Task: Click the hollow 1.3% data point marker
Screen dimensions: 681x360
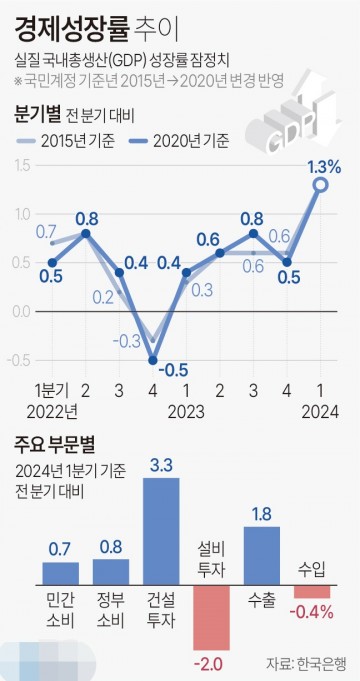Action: pyautogui.click(x=320, y=185)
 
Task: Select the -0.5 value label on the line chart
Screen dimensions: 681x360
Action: pyautogui.click(x=176, y=369)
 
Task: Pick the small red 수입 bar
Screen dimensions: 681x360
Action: pyautogui.click(x=312, y=591)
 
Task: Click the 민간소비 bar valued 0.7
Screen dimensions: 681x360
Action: pyautogui.click(x=60, y=573)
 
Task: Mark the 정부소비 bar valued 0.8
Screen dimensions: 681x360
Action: pyautogui.click(x=111, y=572)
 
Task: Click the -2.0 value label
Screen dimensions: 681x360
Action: pyautogui.click(x=211, y=662)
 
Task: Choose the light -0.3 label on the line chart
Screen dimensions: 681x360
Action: pyautogui.click(x=127, y=341)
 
